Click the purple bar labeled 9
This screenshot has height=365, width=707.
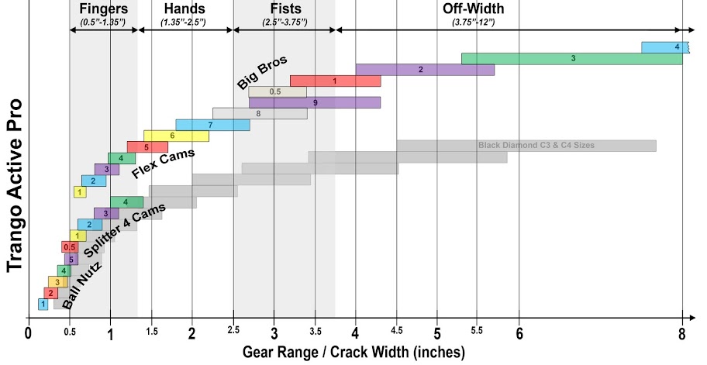315,102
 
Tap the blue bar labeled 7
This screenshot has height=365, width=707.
212,125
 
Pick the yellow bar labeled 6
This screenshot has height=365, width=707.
176,136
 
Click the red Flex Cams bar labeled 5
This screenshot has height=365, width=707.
147,147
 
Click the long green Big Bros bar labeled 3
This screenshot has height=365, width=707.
571,58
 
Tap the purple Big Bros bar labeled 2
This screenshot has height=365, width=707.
425,70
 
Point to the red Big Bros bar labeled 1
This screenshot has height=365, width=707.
335,81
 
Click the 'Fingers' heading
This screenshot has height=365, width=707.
103,9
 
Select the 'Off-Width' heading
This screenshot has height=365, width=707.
473,9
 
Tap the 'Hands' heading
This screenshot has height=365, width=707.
184,9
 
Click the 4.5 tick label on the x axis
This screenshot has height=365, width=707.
396,331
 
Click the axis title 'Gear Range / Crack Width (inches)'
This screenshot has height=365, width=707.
353,353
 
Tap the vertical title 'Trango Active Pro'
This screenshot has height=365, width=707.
14,186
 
